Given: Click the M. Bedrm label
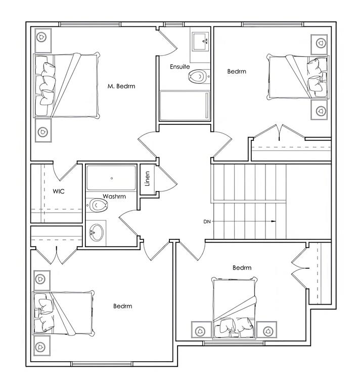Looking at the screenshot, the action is pyautogui.click(x=121, y=86).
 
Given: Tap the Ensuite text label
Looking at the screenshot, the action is pyautogui.click(x=180, y=67).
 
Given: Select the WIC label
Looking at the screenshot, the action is pyautogui.click(x=59, y=191).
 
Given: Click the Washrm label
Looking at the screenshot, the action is pyautogui.click(x=114, y=197).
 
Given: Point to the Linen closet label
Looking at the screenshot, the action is pyautogui.click(x=147, y=179).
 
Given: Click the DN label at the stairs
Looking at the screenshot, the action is pyautogui.click(x=207, y=221).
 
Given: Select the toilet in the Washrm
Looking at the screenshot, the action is pyautogui.click(x=98, y=205).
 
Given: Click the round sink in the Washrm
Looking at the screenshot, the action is pyautogui.click(x=96, y=232).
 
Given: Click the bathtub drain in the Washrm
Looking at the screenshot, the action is pyautogui.click(x=112, y=178).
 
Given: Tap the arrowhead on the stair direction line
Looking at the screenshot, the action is pyautogui.click(x=274, y=221).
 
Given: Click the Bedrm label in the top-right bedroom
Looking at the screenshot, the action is pyautogui.click(x=237, y=72).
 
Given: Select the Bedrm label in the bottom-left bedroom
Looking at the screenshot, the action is pyautogui.click(x=122, y=306).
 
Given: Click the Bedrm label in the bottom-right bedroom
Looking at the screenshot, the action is pyautogui.click(x=242, y=268).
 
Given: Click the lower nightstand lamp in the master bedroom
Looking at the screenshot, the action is pyautogui.click(x=42, y=131).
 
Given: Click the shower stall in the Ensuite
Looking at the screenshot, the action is pyautogui.click(x=185, y=106).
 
